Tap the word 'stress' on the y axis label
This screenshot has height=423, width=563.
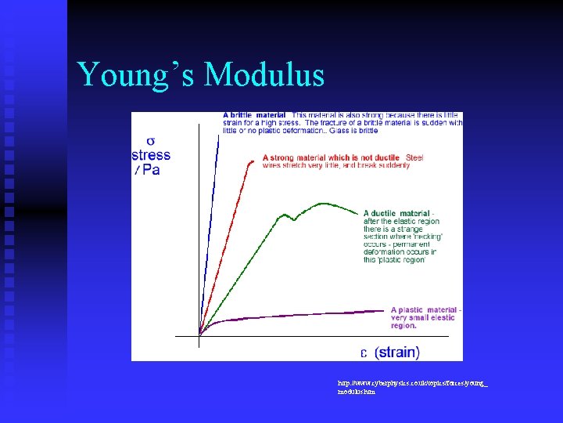(x=150, y=155)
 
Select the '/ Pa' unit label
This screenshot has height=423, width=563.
(x=147, y=169)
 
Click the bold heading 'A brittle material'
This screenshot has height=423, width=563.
(x=254, y=115)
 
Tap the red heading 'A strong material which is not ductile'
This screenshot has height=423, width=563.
(x=332, y=157)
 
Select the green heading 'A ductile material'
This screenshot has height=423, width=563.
(x=397, y=213)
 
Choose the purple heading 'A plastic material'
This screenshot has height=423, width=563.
(x=425, y=309)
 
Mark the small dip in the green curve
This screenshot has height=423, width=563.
(x=294, y=219)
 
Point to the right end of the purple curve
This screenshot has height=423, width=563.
(x=384, y=312)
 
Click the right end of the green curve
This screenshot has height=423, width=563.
(x=360, y=213)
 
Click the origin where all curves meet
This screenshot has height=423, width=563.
(x=200, y=335)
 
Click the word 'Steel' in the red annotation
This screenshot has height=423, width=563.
(x=414, y=157)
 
